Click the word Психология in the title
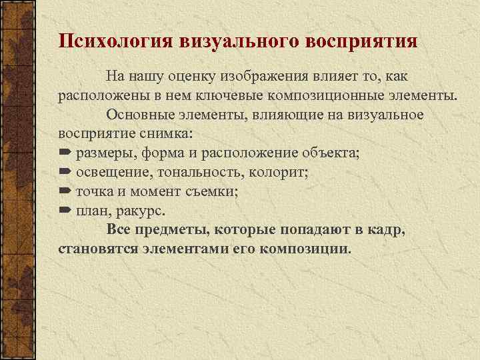point(115,40)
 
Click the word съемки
point(215,192)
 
